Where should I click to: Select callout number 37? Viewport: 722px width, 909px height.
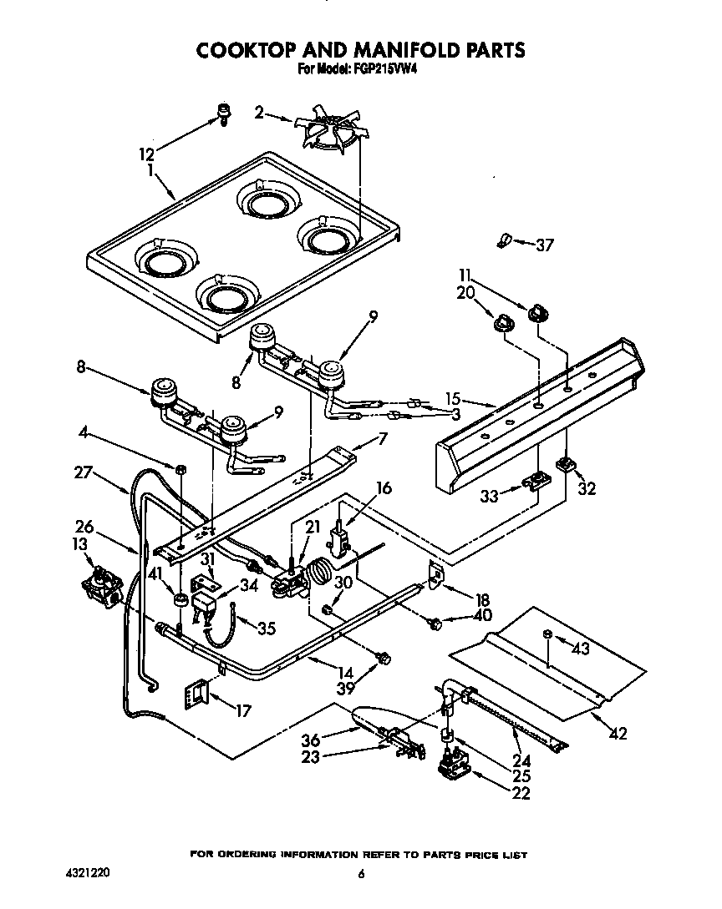pos(545,245)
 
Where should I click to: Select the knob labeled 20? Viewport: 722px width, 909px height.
pos(504,322)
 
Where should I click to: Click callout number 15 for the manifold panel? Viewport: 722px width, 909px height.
pos(475,400)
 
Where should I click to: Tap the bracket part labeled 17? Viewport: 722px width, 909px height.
pos(196,692)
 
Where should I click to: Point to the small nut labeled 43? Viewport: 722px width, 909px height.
pos(547,635)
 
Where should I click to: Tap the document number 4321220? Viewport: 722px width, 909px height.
pos(87,873)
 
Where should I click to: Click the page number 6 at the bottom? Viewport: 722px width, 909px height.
pos(361,874)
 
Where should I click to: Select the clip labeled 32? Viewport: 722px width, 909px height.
pos(567,463)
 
